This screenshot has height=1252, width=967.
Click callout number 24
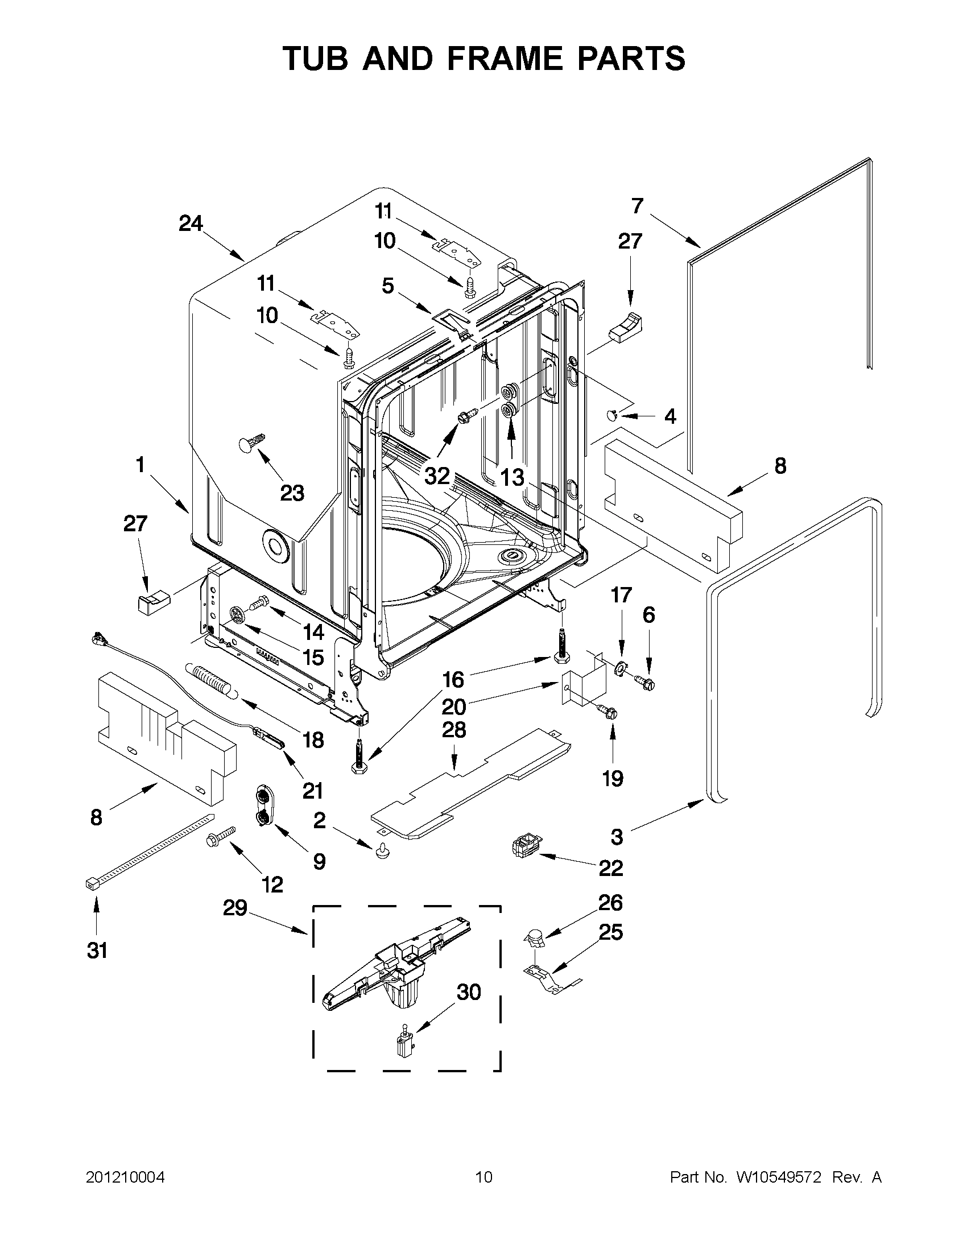point(191,224)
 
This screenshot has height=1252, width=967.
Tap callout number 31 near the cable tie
point(97,951)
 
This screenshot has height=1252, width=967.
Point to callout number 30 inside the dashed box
point(468,991)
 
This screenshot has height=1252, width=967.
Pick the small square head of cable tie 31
point(89,885)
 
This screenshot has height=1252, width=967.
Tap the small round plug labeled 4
point(611,414)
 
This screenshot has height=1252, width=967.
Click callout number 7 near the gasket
point(638,205)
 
